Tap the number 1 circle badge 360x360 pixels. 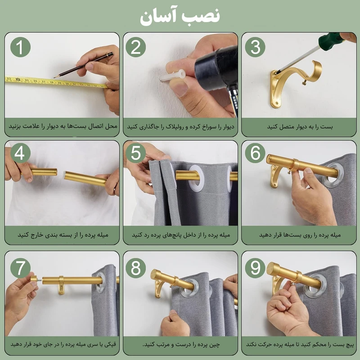pos(21,47)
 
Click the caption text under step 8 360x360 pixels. pos(180,345)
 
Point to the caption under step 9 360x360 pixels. pos(299,345)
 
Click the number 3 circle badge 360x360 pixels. pos(256,47)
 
